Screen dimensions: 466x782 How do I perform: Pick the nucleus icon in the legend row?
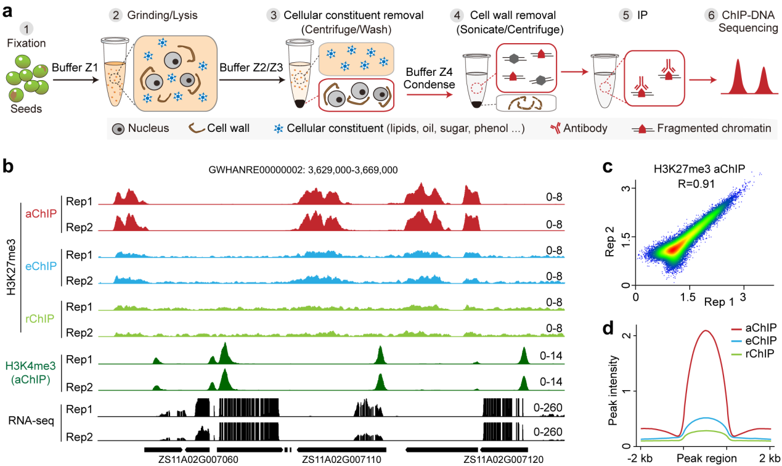tap(118, 129)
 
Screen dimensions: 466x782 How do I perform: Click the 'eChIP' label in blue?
tap(42, 266)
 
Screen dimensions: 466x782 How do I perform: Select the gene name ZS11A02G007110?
tap(335, 459)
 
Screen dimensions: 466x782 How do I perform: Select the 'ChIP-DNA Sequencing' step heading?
tap(743, 22)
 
